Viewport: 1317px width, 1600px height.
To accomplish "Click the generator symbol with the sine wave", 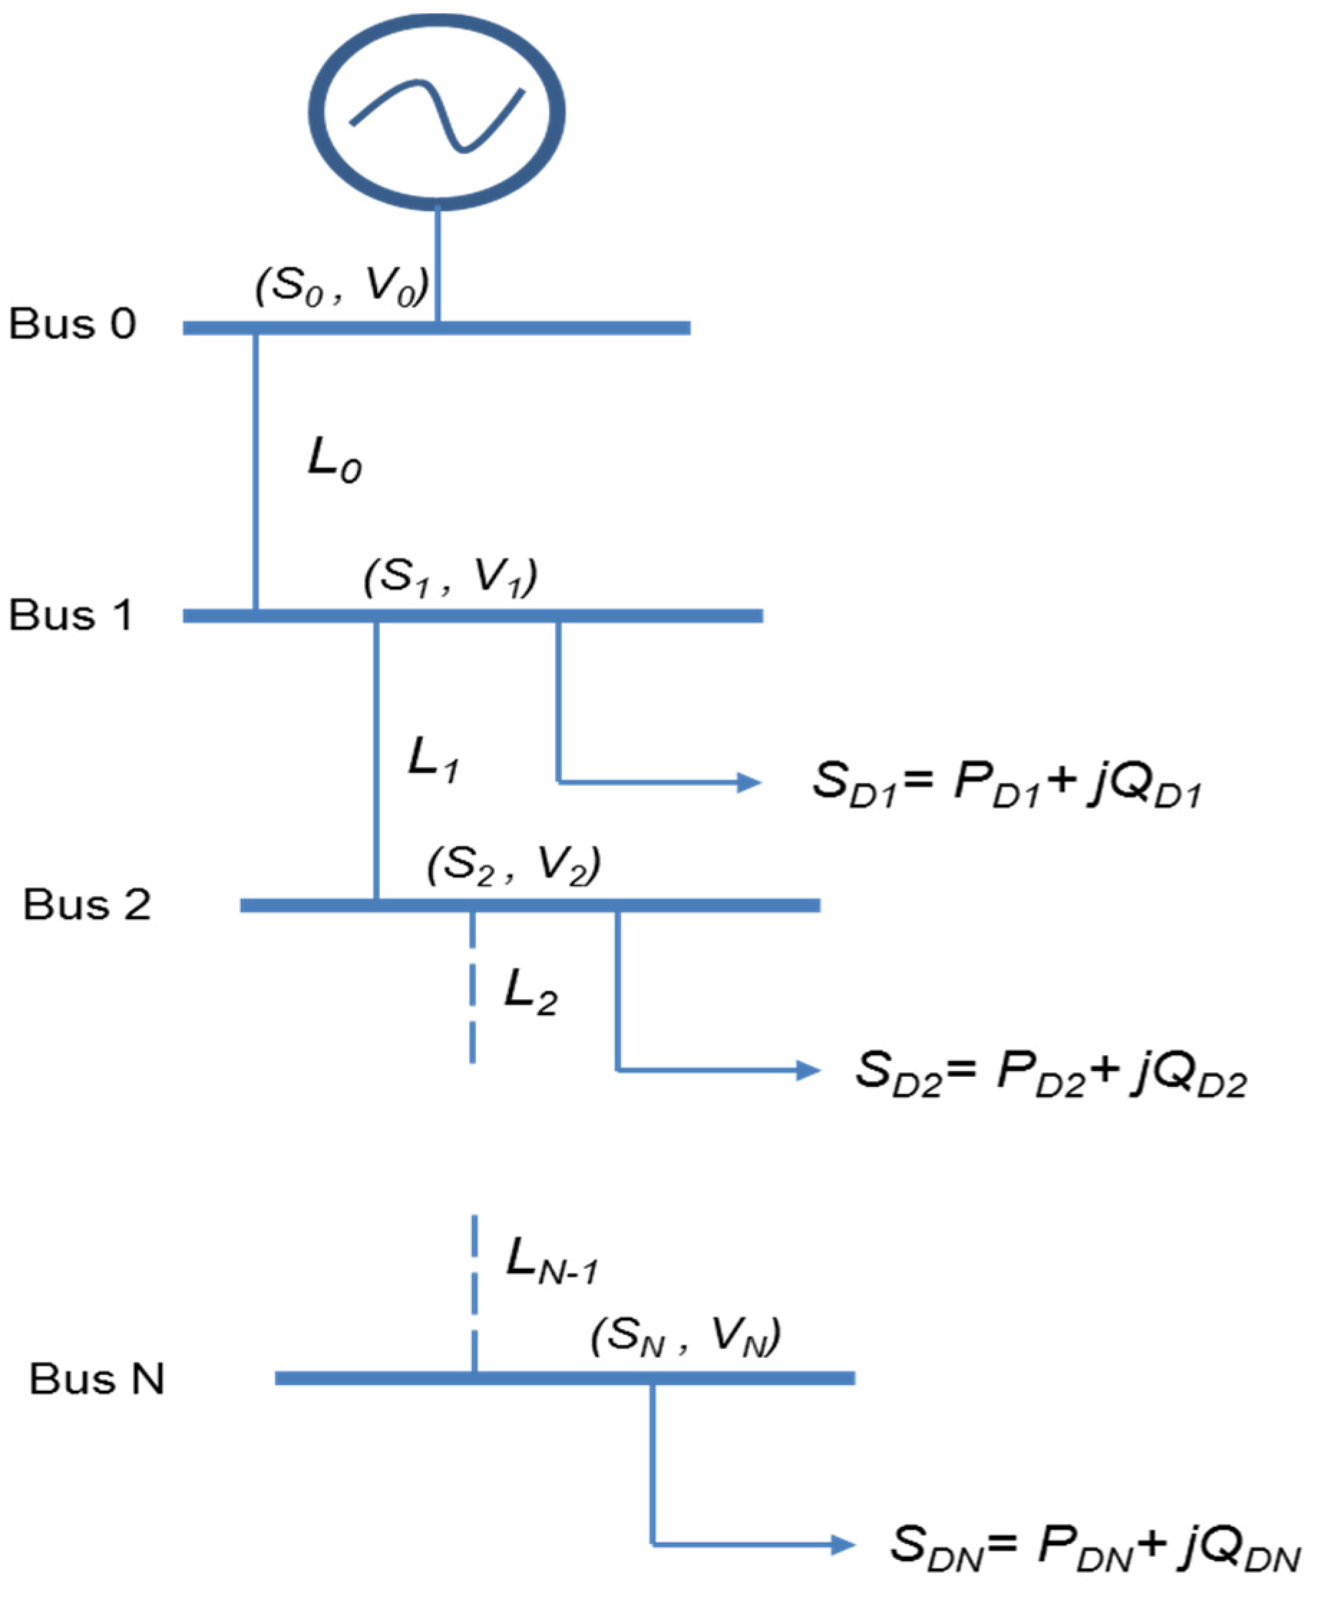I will [437, 112].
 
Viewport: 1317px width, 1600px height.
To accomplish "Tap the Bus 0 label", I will [73, 324].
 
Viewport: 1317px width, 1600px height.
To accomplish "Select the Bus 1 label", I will [71, 614].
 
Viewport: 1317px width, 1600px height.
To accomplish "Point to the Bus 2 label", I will [87, 904].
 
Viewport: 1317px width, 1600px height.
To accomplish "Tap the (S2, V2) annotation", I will [514, 866].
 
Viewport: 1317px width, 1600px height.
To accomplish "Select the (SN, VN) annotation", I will [686, 1336].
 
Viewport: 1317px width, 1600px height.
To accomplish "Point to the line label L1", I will [433, 759].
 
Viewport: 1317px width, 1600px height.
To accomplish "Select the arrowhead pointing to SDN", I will [844, 1545].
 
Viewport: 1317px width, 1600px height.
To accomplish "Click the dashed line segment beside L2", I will [472, 986].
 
